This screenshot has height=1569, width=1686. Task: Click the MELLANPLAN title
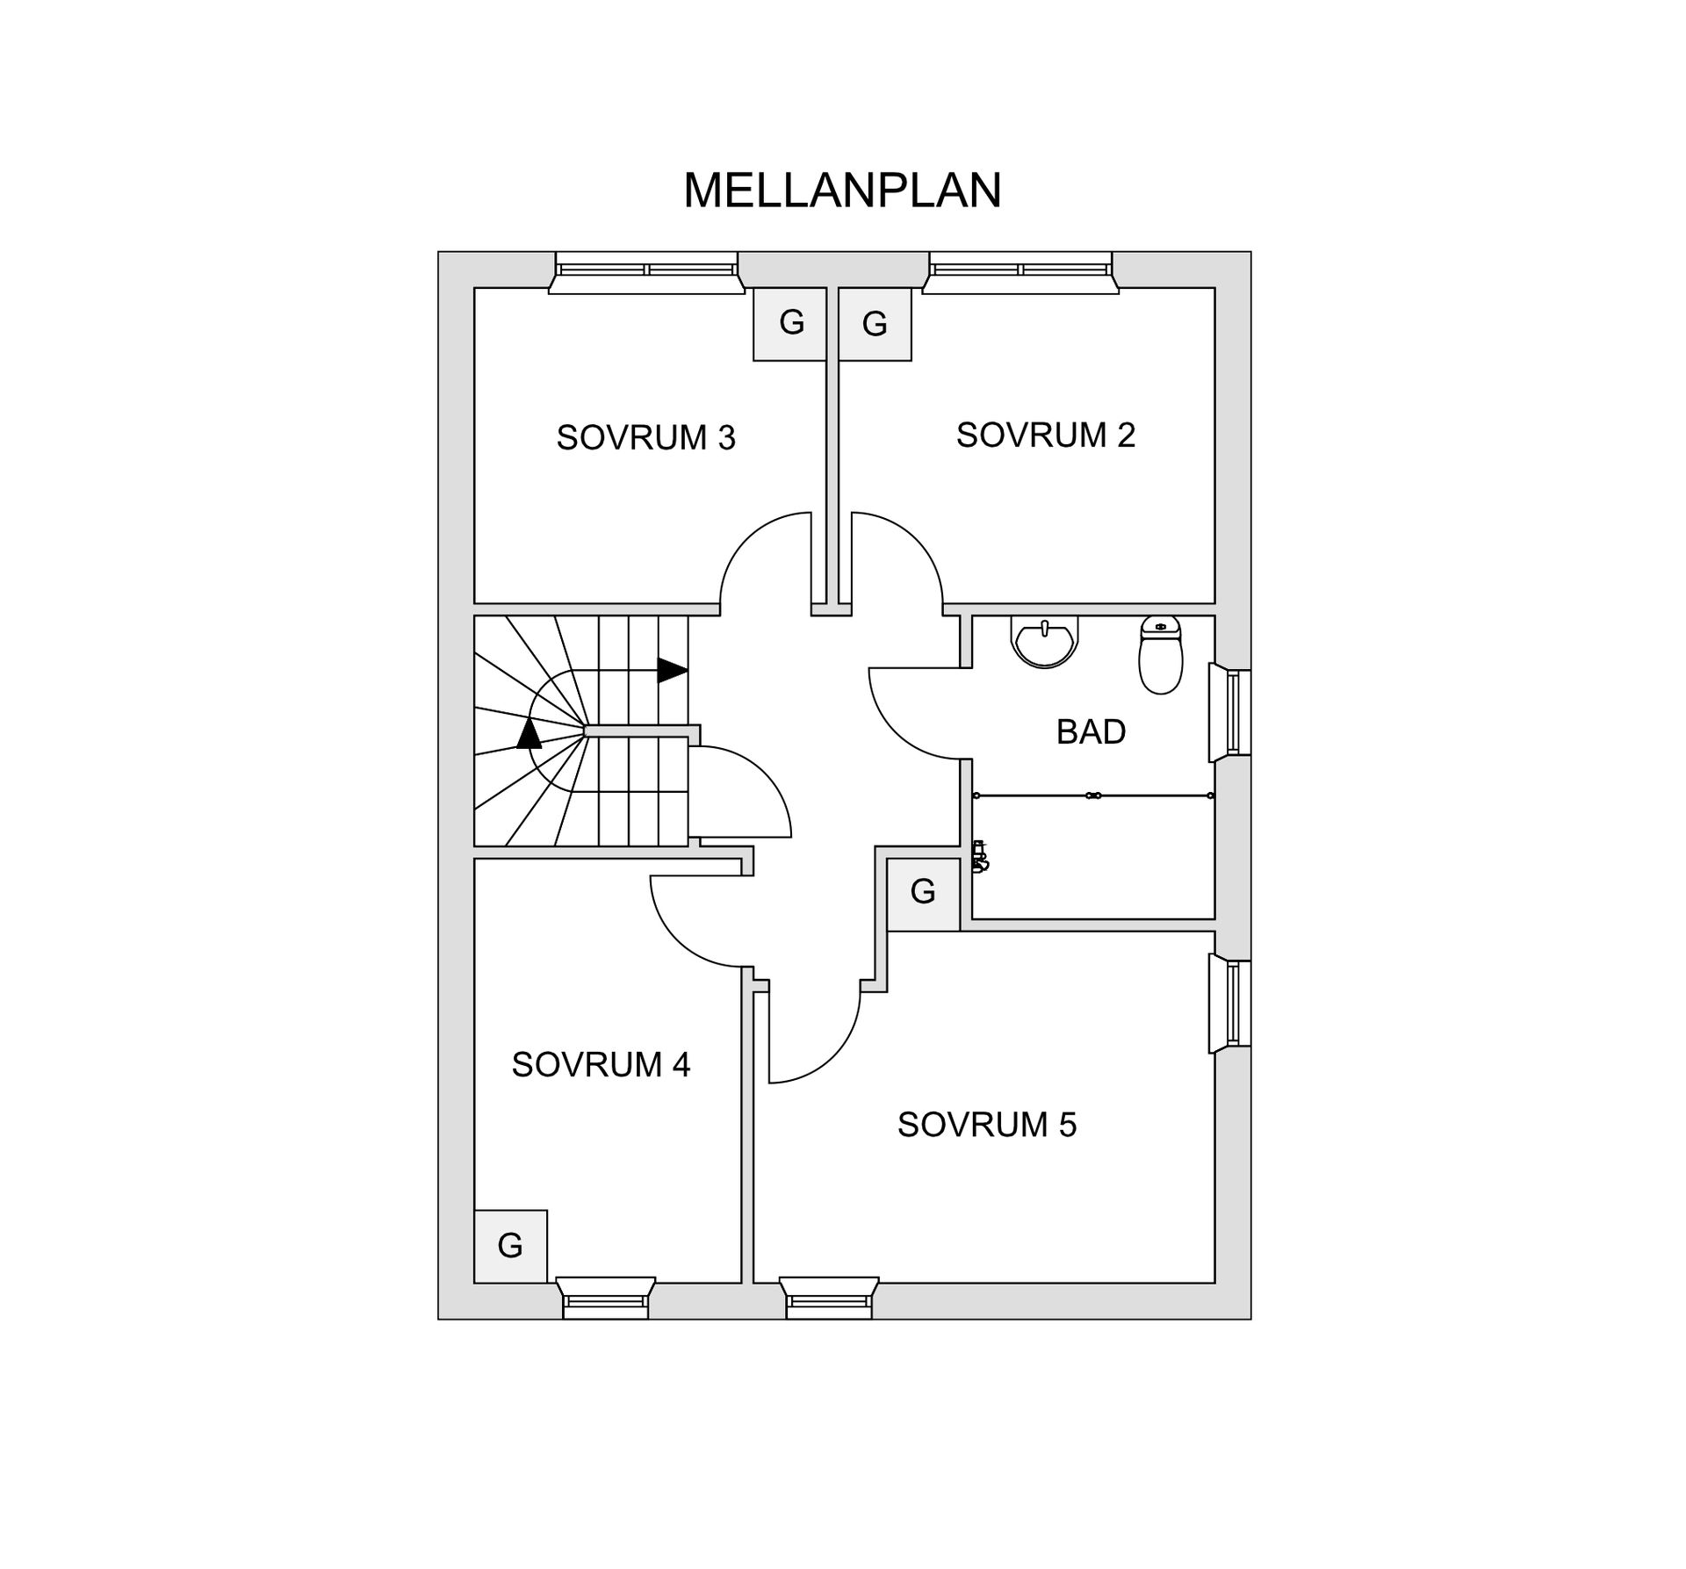[x=842, y=190]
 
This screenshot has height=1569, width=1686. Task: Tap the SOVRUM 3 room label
[x=645, y=437]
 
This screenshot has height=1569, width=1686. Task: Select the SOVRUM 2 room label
[x=1046, y=435]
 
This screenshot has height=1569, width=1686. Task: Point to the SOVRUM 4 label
[x=601, y=1064]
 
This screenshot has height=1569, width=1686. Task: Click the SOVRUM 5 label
[x=987, y=1124]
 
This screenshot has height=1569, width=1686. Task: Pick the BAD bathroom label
[x=1091, y=731]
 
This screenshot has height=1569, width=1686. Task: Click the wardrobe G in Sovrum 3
[x=790, y=324]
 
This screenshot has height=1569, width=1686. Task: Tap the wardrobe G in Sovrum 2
[x=875, y=324]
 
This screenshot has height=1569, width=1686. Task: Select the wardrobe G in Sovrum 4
[x=510, y=1246]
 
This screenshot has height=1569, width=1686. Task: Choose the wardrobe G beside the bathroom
[x=923, y=893]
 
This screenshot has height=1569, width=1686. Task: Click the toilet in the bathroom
[x=1160, y=654]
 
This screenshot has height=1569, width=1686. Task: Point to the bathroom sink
[x=1044, y=641]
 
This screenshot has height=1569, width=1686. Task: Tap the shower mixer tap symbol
[x=980, y=856]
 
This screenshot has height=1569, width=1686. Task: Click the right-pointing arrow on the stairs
[x=673, y=670]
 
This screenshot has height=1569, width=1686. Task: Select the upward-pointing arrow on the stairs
[x=529, y=733]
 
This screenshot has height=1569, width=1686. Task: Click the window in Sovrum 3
[x=646, y=272]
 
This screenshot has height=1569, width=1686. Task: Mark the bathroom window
[x=1229, y=713]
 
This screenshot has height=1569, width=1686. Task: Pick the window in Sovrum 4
[x=606, y=1298]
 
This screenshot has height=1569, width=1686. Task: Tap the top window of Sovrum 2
[x=1020, y=272]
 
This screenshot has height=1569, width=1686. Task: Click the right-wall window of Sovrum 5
[x=1229, y=1003]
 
